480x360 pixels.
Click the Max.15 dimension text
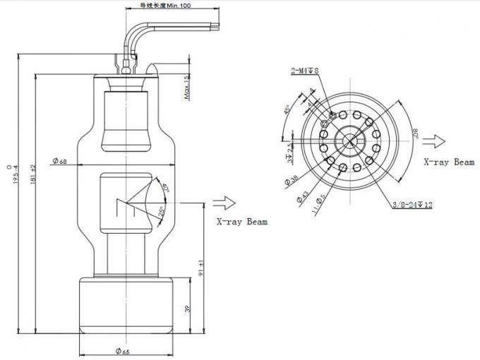click(186, 88)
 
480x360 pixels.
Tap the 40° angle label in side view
click(166, 188)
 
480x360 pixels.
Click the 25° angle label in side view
click(163, 211)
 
